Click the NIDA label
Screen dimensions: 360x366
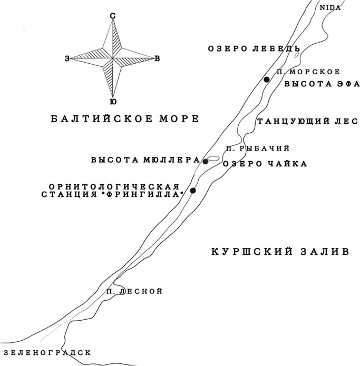pyautogui.click(x=330, y=8)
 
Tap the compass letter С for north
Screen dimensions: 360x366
pyautogui.click(x=113, y=16)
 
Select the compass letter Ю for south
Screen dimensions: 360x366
pyautogui.click(x=113, y=102)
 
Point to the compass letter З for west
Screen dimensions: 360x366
pyautogui.click(x=67, y=59)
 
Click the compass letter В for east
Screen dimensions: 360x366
pyautogui.click(x=157, y=58)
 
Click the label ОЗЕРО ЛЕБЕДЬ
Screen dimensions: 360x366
pyautogui.click(x=254, y=48)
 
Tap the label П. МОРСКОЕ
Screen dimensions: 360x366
pyautogui.click(x=308, y=72)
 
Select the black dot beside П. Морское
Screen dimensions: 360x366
pyautogui.click(x=267, y=80)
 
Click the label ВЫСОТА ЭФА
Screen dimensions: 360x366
pyautogui.click(x=322, y=84)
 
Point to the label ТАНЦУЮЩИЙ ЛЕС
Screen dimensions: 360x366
pyautogui.click(x=307, y=121)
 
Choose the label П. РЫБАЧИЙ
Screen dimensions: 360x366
pyautogui.click(x=258, y=149)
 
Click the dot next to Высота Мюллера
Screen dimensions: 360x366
pyautogui.click(x=206, y=162)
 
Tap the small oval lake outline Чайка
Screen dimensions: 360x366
pyautogui.click(x=213, y=159)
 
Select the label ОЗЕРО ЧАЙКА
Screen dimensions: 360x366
pyautogui.click(x=265, y=164)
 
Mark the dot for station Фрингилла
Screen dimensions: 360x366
pyautogui.click(x=193, y=191)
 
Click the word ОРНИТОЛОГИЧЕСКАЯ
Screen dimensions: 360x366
pyautogui.click(x=114, y=187)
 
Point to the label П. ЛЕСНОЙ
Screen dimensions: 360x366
pyautogui.click(x=134, y=291)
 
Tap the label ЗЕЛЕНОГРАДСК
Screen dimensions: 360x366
pyautogui.click(x=47, y=352)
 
